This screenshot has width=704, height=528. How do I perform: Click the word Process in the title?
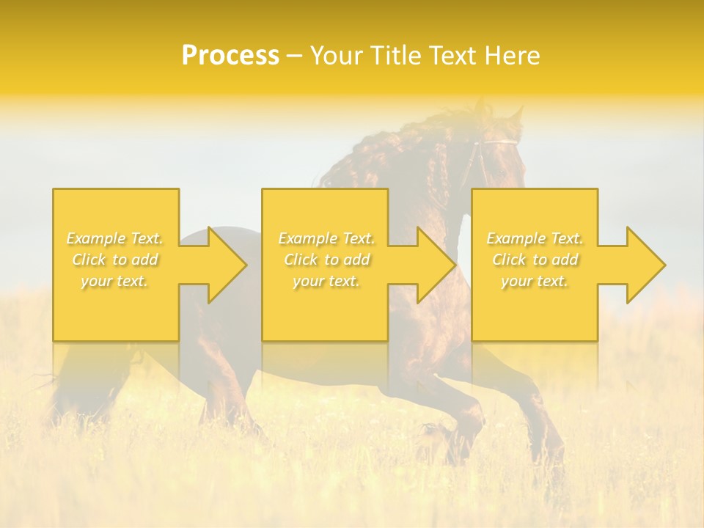[230, 56]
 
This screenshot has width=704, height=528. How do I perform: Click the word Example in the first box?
[96, 238]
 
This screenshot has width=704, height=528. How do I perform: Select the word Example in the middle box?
[307, 238]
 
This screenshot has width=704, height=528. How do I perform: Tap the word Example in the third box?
[516, 238]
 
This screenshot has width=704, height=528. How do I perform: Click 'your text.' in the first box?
[114, 281]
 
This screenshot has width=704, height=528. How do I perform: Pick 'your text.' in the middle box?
[326, 281]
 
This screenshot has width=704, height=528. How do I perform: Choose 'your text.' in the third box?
[534, 281]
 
